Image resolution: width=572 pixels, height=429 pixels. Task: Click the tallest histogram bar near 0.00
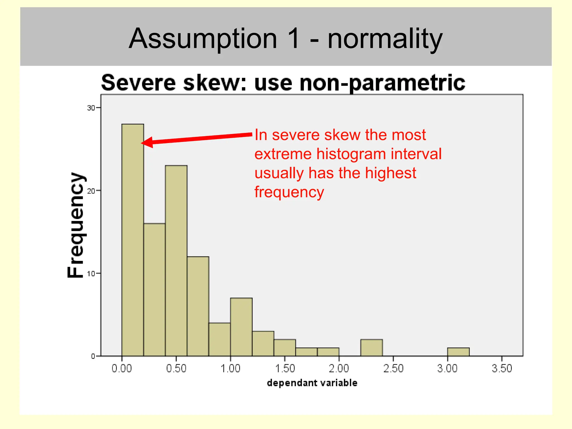click(x=133, y=240)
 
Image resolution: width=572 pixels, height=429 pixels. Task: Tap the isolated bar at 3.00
click(x=458, y=352)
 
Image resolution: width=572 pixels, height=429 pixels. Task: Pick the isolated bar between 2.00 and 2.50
click(x=371, y=348)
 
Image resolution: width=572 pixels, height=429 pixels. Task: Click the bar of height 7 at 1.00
click(x=241, y=327)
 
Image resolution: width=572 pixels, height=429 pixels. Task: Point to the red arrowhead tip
click(x=142, y=143)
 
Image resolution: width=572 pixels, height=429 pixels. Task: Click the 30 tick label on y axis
click(x=91, y=108)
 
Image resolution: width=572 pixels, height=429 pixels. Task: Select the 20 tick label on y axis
click(x=91, y=191)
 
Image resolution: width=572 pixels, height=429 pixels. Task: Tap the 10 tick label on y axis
click(x=91, y=274)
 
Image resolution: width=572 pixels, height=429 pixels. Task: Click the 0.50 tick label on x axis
click(x=176, y=368)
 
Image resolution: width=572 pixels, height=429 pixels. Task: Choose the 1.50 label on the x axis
click(x=285, y=368)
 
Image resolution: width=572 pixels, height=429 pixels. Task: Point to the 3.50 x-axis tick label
click(x=502, y=368)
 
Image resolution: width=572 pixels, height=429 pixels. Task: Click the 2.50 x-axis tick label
click(x=393, y=368)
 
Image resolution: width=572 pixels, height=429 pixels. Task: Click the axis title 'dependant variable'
click(x=312, y=383)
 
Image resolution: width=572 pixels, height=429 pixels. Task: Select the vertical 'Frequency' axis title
click(x=76, y=225)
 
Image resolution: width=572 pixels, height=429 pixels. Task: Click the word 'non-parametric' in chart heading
click(x=382, y=83)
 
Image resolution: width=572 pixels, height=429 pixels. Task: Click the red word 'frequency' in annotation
click(x=289, y=192)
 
